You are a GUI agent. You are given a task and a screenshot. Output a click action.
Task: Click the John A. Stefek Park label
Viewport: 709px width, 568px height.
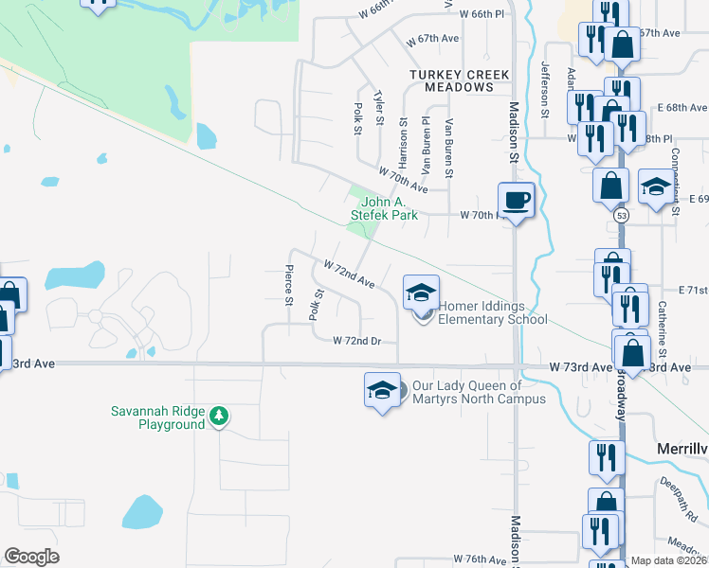point(390,208)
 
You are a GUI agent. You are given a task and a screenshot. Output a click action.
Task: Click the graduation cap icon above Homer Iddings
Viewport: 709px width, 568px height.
point(421,292)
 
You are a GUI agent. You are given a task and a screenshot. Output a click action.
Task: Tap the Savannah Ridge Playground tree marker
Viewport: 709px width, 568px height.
point(220,417)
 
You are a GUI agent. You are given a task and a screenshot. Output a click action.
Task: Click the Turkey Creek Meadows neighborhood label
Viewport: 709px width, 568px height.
point(459,80)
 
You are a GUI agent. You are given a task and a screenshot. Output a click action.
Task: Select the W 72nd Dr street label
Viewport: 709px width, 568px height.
point(355,340)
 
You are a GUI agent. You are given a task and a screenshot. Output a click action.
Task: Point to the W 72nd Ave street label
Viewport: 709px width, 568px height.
point(349,275)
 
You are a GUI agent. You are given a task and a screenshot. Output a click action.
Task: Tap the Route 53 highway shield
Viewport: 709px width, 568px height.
point(621,216)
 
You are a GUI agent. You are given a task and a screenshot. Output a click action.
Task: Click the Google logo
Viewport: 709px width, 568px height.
point(31,557)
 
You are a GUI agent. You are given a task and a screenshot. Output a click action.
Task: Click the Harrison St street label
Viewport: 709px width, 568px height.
point(403,141)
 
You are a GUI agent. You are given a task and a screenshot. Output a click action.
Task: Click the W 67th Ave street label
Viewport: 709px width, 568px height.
point(432,42)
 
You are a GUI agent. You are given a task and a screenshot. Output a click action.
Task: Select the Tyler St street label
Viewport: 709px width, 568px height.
point(379,108)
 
